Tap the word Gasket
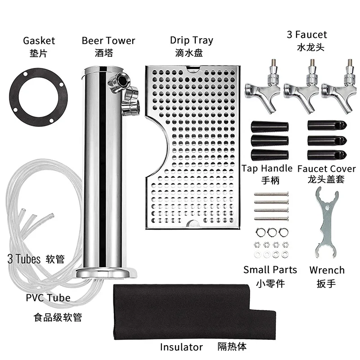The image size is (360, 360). click(x=39, y=40)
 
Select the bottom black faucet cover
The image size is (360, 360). click(x=326, y=154)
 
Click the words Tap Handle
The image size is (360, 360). click(x=267, y=169)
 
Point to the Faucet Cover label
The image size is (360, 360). click(x=327, y=169)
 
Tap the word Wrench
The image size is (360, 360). click(x=327, y=270)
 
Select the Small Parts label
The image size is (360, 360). click(x=270, y=270)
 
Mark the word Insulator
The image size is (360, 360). click(x=181, y=347)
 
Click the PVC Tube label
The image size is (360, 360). click(x=48, y=297)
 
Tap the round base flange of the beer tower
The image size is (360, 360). click(x=105, y=273)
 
